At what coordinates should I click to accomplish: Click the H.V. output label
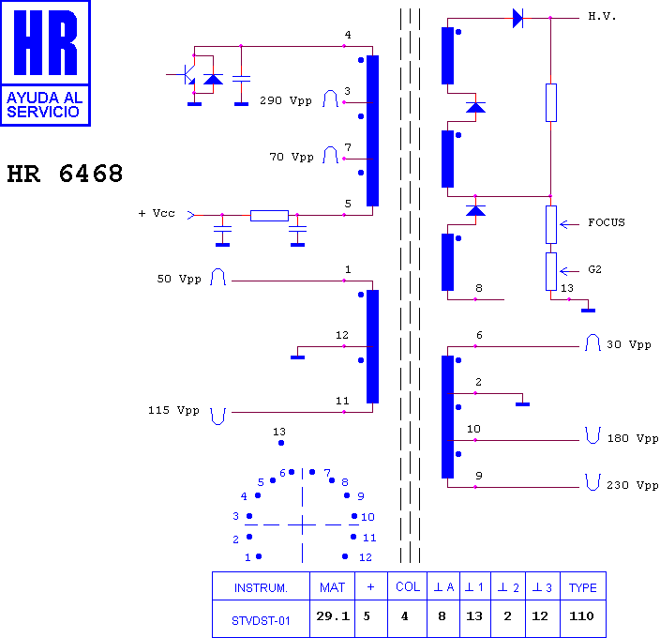(602, 17)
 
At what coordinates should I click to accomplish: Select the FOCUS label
(607, 222)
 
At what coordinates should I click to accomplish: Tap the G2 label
(594, 269)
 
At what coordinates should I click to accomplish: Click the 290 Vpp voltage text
(286, 101)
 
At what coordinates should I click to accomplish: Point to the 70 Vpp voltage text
(292, 158)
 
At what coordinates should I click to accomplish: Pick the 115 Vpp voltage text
(173, 411)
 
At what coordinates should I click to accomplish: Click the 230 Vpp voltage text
(632, 486)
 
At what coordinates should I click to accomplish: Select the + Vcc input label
(157, 214)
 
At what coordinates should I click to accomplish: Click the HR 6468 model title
(65, 174)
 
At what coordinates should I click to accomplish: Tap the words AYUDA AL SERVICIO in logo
(44, 104)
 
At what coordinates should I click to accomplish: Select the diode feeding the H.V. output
(517, 19)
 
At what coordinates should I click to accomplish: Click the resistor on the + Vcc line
(269, 216)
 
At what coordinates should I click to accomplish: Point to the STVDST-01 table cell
(261, 621)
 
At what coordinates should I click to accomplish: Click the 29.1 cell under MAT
(333, 616)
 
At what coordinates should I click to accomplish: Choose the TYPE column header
(582, 588)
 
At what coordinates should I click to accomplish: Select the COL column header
(408, 587)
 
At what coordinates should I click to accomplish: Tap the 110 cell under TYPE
(581, 616)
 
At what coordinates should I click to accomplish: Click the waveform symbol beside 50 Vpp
(218, 277)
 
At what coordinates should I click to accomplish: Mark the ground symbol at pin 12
(297, 357)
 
